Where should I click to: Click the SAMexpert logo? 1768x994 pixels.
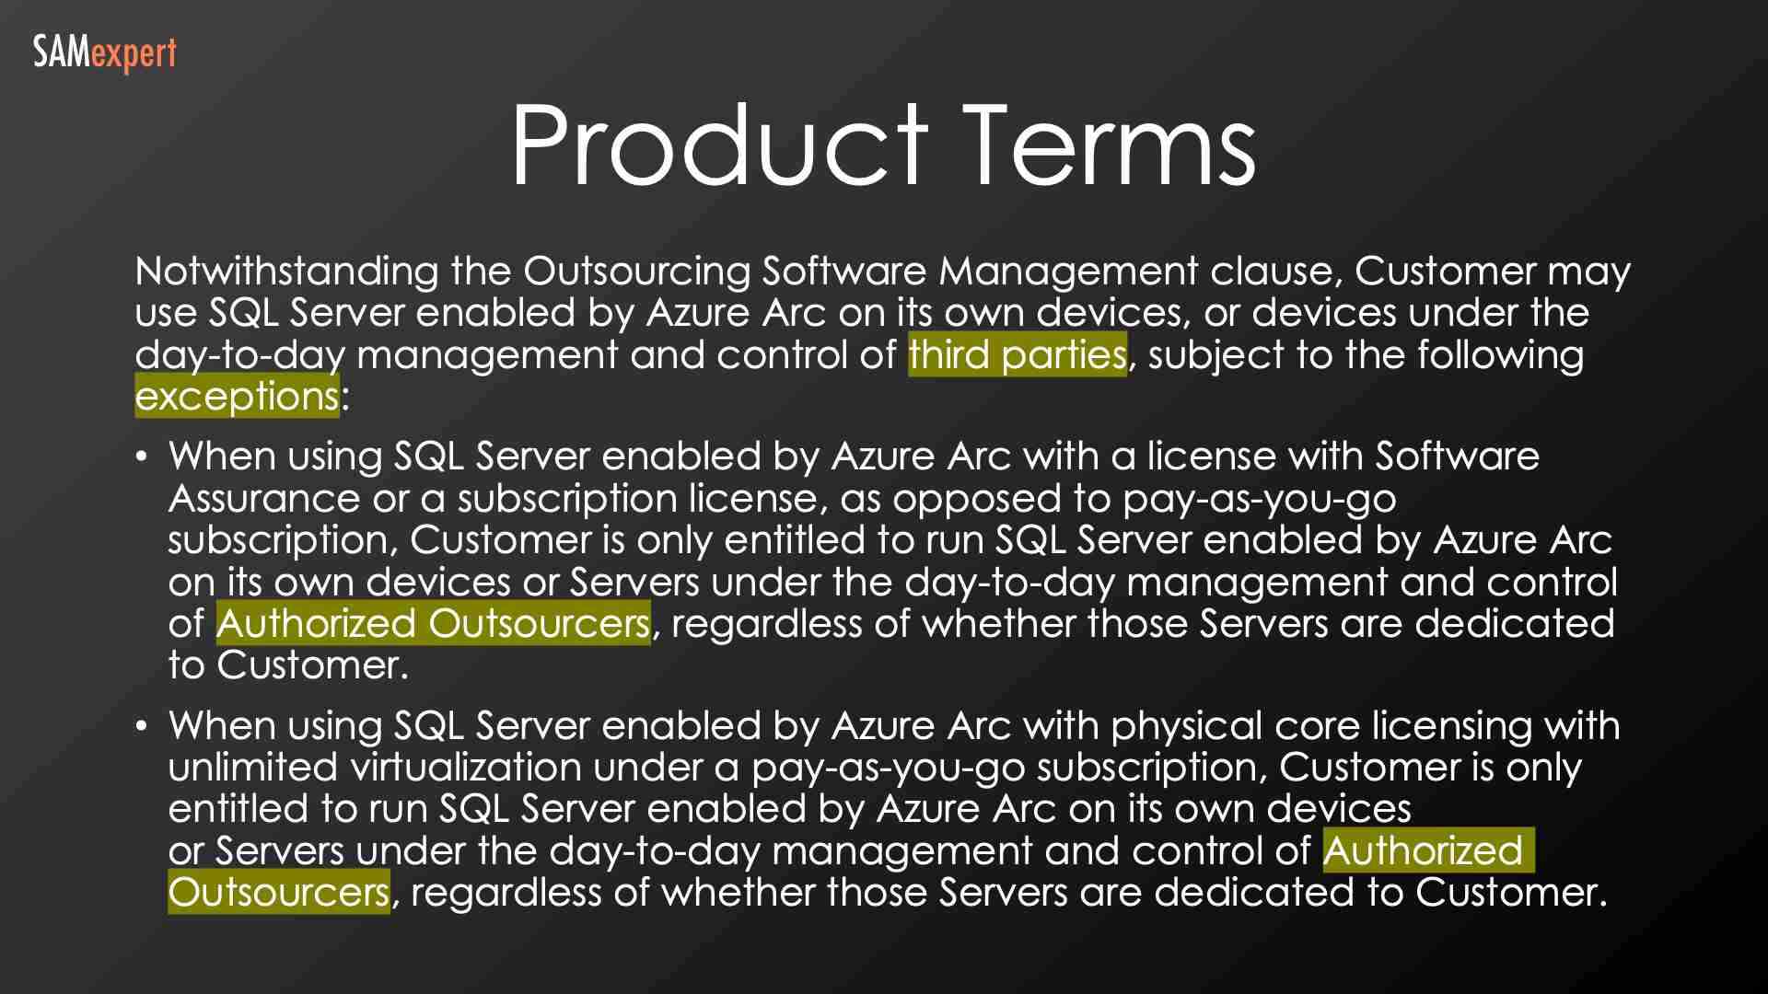click(x=104, y=53)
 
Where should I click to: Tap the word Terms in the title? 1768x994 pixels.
click(x=1110, y=145)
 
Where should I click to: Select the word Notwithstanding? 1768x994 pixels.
click(x=286, y=272)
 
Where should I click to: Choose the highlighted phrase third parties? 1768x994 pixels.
click(x=1017, y=355)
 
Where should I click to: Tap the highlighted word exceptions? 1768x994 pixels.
click(x=237, y=397)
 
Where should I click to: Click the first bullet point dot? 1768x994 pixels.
click(x=141, y=457)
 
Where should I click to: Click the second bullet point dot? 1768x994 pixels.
click(x=141, y=726)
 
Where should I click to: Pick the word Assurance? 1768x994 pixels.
click(x=263, y=499)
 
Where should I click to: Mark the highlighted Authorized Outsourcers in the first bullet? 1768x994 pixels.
click(x=433, y=624)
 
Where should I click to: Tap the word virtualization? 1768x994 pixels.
click(x=465, y=768)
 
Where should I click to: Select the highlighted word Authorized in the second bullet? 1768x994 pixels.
click(x=1423, y=851)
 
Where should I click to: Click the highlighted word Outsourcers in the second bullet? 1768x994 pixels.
click(x=278, y=893)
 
